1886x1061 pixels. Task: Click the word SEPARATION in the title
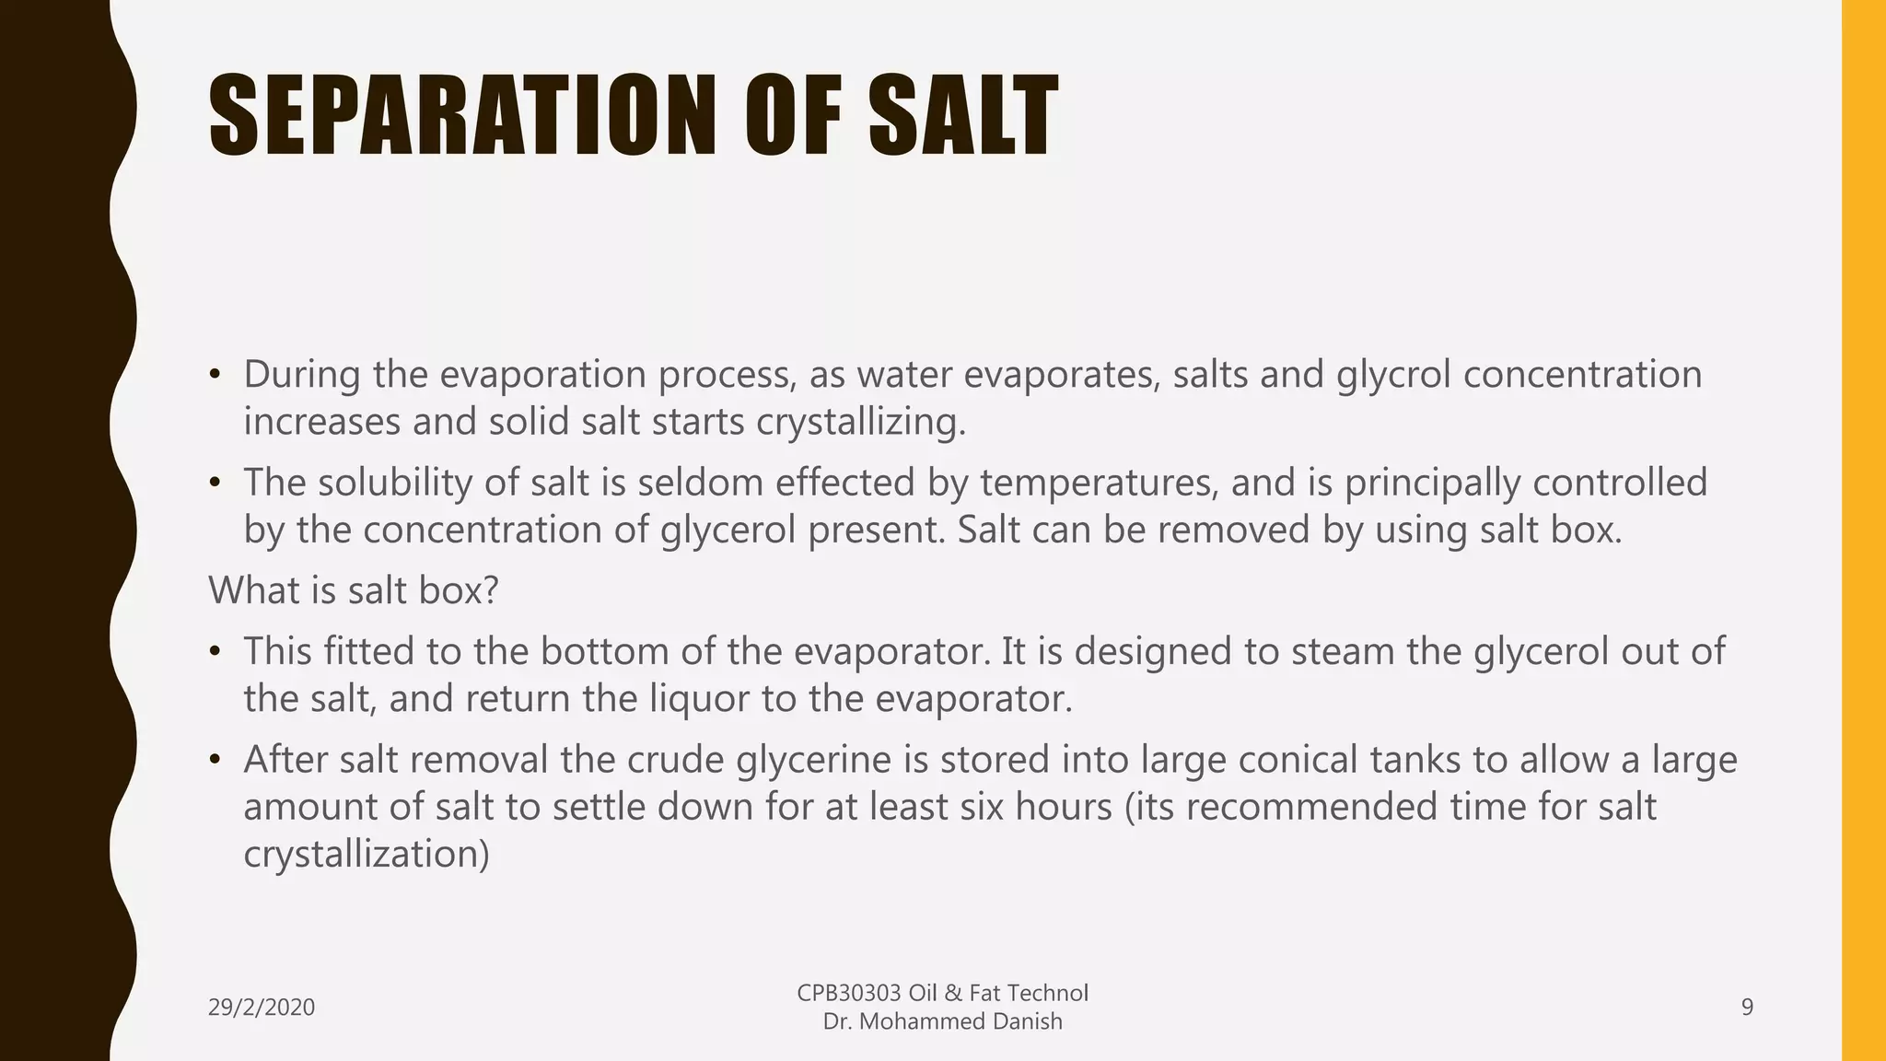coord(461,116)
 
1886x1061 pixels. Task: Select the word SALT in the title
coord(963,116)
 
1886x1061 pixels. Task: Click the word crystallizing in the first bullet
coord(861,422)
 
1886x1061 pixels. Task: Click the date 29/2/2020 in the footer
coord(262,1008)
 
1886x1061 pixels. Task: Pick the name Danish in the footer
coord(1024,1021)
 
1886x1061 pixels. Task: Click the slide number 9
coord(1747,1008)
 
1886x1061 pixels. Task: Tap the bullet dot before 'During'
coord(215,375)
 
